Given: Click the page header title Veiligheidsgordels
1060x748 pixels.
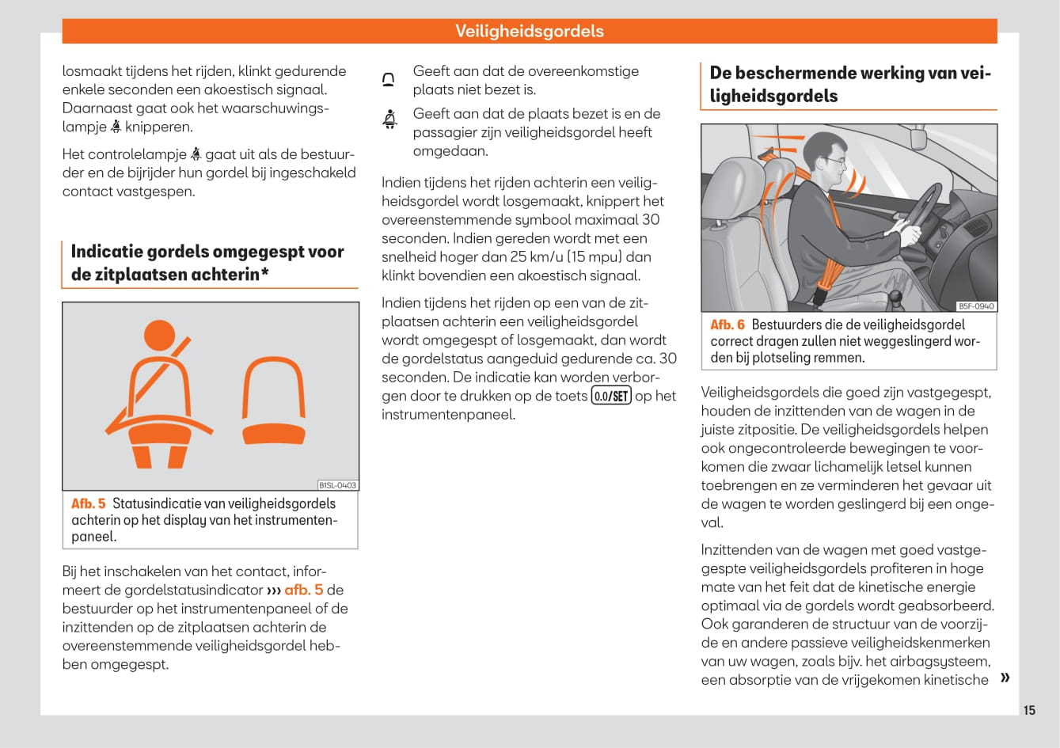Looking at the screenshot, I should (x=529, y=32).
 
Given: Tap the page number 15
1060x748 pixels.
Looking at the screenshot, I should (x=1029, y=710).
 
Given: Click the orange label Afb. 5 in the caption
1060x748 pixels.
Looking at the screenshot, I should (x=88, y=503).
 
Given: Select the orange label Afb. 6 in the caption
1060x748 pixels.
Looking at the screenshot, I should (x=727, y=325).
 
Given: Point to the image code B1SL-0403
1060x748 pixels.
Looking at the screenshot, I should (x=337, y=485).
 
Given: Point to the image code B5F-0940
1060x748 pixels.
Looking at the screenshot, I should (x=976, y=306).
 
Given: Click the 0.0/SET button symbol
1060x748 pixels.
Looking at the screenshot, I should (x=611, y=396).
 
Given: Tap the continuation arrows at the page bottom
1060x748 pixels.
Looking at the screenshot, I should (x=1005, y=678).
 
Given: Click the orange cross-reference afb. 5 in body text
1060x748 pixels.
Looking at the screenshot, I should (x=303, y=590).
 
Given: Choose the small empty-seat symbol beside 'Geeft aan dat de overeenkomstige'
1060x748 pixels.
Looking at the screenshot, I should (x=389, y=80).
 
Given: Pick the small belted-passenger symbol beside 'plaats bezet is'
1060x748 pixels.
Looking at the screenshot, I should (x=389, y=120).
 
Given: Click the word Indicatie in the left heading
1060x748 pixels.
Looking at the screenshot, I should (x=105, y=252).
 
